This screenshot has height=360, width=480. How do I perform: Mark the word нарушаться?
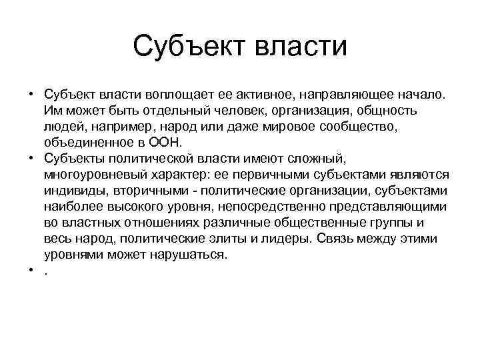pyautogui.click(x=191, y=255)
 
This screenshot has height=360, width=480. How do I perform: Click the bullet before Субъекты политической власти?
pyautogui.click(x=31, y=159)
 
